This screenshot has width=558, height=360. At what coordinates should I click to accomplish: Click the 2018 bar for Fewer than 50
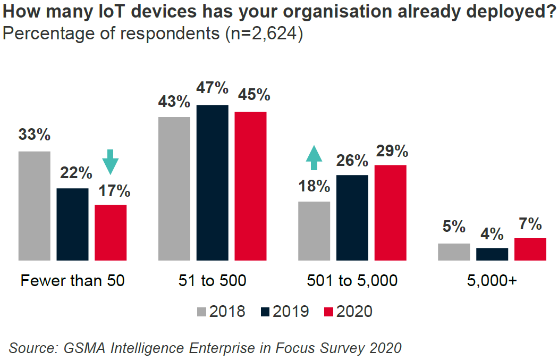click(x=35, y=206)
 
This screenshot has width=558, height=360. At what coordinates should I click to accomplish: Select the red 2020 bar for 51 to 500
click(x=250, y=186)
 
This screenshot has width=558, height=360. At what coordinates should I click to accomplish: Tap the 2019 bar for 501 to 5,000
click(x=352, y=217)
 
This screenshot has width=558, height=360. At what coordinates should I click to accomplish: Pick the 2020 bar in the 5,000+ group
click(x=530, y=249)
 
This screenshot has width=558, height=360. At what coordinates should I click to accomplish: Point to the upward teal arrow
click(x=314, y=158)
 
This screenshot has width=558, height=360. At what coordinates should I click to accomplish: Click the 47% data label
click(x=212, y=87)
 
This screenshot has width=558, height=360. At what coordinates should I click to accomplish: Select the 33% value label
click(x=35, y=134)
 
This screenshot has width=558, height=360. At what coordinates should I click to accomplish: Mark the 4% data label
click(x=492, y=233)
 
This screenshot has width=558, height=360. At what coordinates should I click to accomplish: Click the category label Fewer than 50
click(x=72, y=280)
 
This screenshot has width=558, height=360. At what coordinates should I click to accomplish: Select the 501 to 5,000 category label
click(x=352, y=280)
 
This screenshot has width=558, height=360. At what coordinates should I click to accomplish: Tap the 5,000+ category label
click(x=492, y=280)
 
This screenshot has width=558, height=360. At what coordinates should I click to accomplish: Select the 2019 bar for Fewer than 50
click(x=73, y=224)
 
